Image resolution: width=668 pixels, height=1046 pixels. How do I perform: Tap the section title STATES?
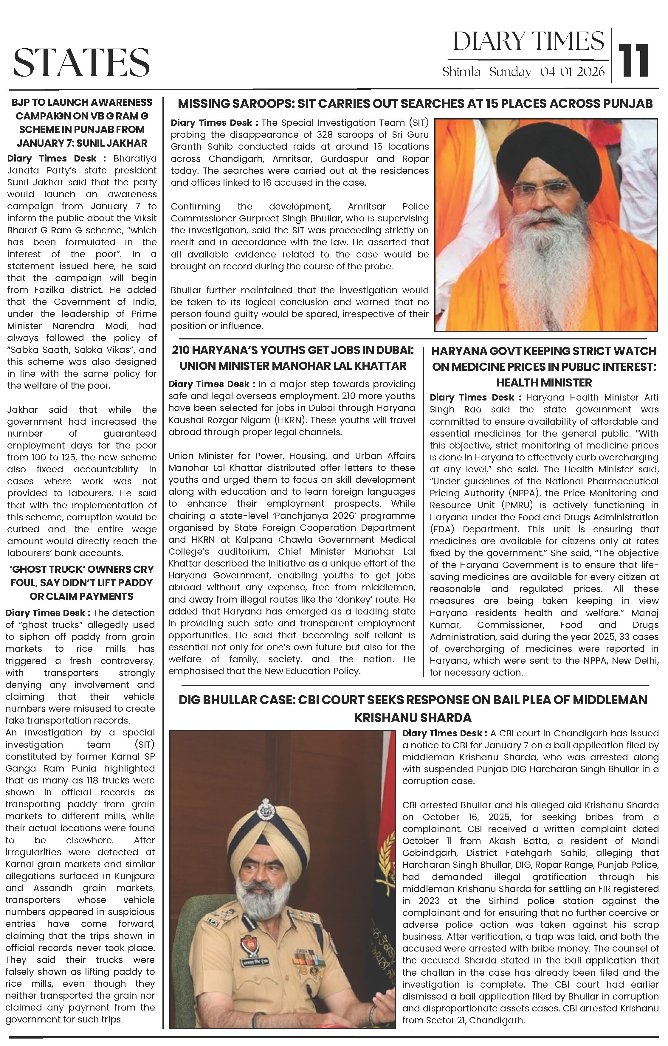[82, 62]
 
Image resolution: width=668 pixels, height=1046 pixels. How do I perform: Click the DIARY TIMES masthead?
[528, 42]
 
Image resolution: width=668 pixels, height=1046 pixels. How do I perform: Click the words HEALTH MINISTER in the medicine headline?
[544, 383]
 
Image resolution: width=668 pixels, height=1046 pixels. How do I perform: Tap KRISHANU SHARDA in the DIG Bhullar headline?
[413, 718]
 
